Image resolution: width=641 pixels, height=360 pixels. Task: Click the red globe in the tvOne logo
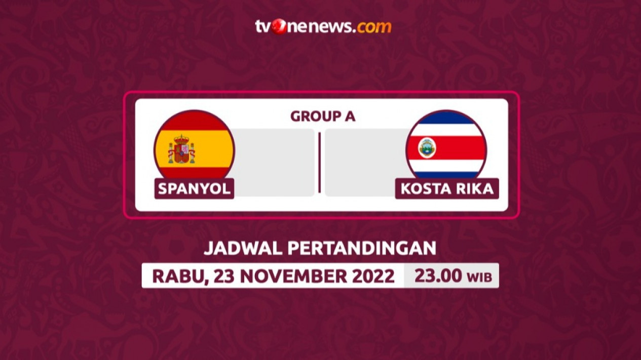[x=279, y=27]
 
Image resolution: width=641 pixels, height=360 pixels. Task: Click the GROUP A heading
[x=323, y=116]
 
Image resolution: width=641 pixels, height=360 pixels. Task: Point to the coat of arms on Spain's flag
[x=181, y=149]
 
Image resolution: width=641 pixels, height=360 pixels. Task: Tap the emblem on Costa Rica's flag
[x=427, y=148]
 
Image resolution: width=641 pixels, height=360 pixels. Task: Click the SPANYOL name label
[x=194, y=189]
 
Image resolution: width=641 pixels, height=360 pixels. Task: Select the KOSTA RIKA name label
[x=447, y=189]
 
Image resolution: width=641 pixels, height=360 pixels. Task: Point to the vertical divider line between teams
[x=319, y=163]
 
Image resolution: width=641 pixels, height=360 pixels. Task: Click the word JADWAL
[x=243, y=248]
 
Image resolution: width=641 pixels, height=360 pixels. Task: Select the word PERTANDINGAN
[x=362, y=248]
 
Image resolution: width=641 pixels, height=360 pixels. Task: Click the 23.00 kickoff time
[x=438, y=275]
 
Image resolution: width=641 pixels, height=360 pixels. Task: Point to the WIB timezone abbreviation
[x=479, y=277]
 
